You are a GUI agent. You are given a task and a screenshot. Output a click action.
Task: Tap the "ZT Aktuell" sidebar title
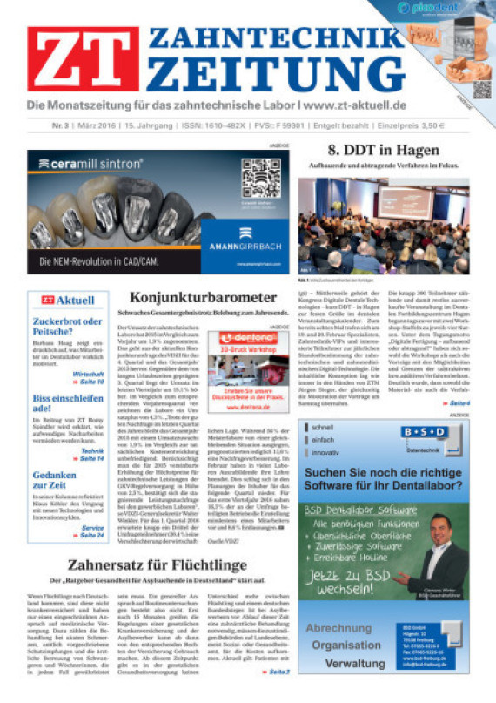coord(68,301)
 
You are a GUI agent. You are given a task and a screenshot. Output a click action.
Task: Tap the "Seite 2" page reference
coord(278,673)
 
